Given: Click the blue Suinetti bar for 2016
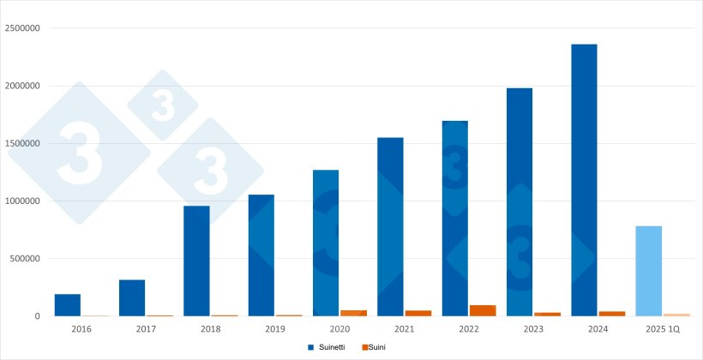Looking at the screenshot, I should pyautogui.click(x=68, y=305).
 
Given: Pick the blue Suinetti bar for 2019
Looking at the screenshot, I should pyautogui.click(x=261, y=255).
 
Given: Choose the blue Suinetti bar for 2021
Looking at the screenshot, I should pyautogui.click(x=391, y=226).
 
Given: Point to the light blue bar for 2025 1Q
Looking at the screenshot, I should pyautogui.click(x=649, y=271).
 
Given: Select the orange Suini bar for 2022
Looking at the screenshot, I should pyautogui.click(x=483, y=310).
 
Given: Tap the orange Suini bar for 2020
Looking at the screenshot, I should pyautogui.click(x=353, y=313).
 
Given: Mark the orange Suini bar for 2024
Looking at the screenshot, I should pyautogui.click(x=612, y=314).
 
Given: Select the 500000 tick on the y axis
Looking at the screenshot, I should pyautogui.click(x=25, y=259).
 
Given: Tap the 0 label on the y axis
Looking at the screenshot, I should pyautogui.click(x=37, y=316).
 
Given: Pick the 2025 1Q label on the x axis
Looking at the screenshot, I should pyautogui.click(x=663, y=328).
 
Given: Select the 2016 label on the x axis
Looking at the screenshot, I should pyautogui.click(x=81, y=328).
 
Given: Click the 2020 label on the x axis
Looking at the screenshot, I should pyautogui.click(x=339, y=328).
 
